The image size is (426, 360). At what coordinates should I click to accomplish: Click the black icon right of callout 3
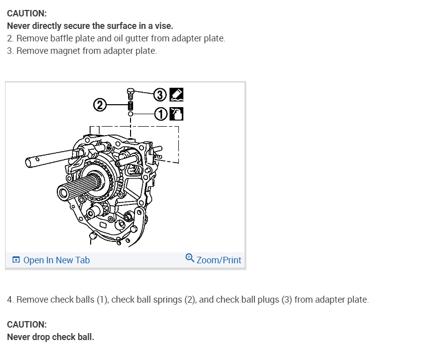click(x=176, y=94)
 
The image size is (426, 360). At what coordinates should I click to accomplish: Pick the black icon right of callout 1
click(x=177, y=114)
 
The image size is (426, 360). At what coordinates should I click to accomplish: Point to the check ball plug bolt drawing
click(x=131, y=92)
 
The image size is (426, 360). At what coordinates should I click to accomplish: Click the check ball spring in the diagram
click(x=131, y=105)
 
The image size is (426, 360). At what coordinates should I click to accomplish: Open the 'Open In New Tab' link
click(x=56, y=260)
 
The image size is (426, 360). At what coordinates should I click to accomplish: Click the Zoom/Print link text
click(x=219, y=260)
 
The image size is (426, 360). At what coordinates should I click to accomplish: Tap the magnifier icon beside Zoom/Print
click(x=190, y=258)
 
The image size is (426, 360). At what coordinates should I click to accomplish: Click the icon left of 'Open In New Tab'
click(x=16, y=260)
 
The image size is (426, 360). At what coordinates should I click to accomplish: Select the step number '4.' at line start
click(x=10, y=300)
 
